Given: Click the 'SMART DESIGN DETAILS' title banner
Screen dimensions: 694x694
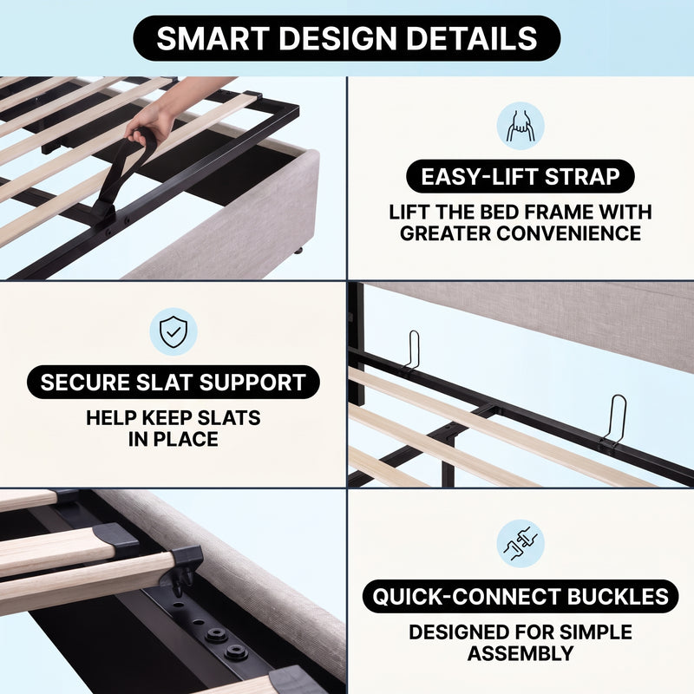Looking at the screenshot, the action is coord(346,38).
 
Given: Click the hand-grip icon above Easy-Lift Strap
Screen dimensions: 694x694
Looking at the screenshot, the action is coord(520,126).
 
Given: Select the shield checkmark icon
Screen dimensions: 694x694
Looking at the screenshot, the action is coord(173,331).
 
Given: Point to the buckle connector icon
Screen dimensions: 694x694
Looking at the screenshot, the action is coord(520,544).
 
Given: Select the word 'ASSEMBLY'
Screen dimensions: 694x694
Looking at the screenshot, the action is coord(520,653).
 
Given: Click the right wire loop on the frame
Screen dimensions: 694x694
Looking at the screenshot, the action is coord(615,419).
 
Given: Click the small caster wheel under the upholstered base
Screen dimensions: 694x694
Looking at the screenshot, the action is coord(298,251).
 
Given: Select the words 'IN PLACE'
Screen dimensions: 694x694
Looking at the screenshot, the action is coord(173,439).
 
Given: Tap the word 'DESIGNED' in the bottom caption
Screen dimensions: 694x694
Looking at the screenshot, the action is coord(456,632).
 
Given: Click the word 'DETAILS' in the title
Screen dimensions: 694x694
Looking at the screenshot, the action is coord(471,38).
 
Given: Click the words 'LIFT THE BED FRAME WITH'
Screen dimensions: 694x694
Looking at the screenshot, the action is coord(520,212).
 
